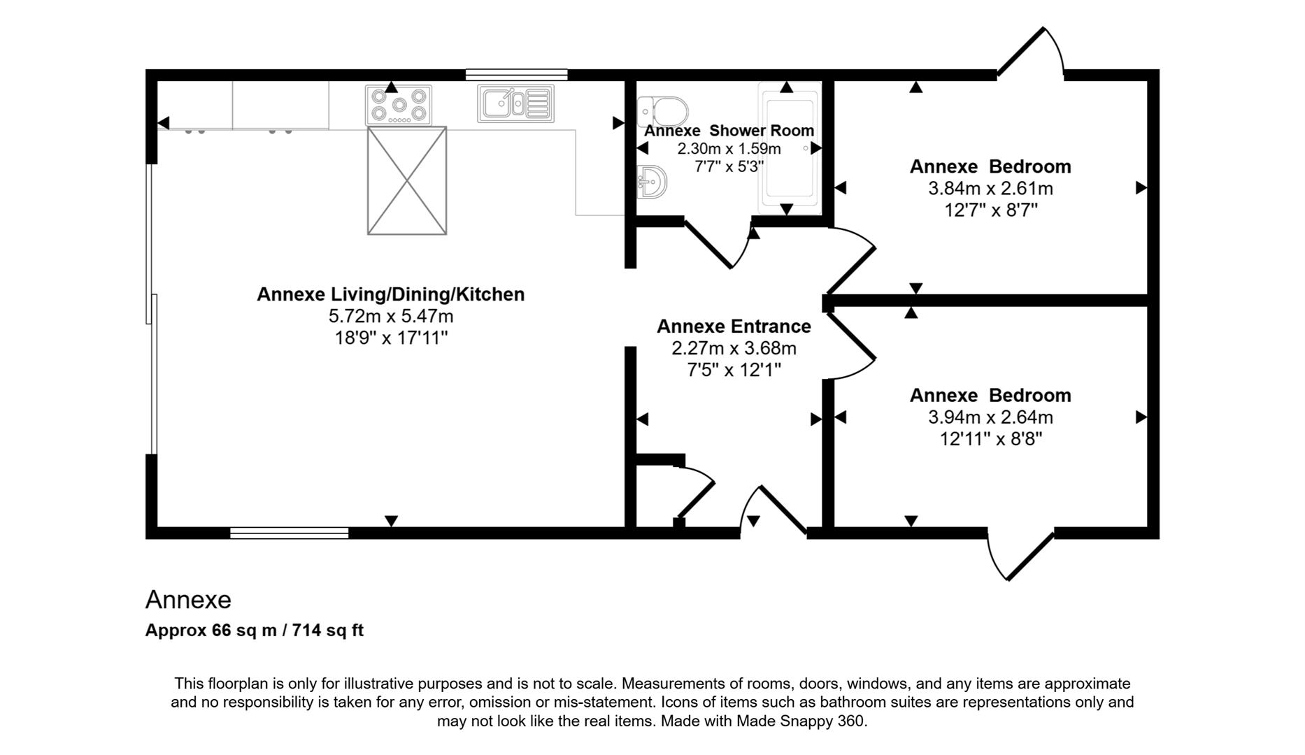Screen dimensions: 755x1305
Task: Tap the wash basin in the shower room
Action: coord(652,182)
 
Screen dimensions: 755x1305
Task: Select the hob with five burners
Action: coord(399,106)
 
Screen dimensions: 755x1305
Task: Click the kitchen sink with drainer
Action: coord(516,103)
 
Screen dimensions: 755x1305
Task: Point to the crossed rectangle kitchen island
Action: coord(407,180)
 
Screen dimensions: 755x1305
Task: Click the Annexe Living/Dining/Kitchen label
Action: coord(390,294)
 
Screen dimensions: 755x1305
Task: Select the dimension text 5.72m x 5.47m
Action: coord(390,316)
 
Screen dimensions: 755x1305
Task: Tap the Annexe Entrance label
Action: coord(734,326)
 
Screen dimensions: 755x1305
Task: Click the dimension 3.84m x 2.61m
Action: coord(990,189)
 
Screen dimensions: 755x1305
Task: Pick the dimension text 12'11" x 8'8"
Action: coord(990,439)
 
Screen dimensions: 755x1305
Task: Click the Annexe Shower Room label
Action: coord(729,131)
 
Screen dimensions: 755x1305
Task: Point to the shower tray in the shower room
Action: coord(790,148)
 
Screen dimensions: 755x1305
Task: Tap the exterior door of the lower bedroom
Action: coord(1029,556)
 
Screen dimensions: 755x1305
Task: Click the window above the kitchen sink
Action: coord(516,74)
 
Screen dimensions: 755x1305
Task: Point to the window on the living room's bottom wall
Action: coord(290,533)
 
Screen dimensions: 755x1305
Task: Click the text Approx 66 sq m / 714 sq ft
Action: coord(254,631)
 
